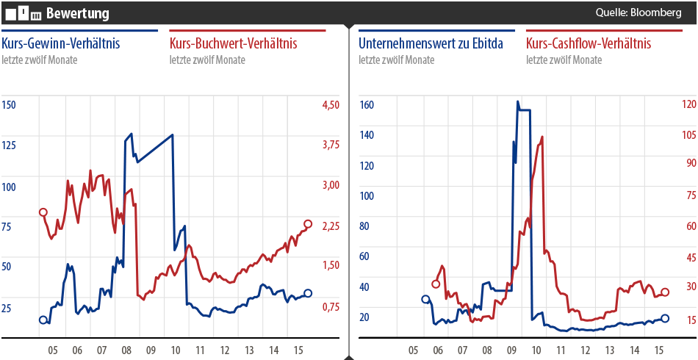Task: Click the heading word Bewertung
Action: (77, 13)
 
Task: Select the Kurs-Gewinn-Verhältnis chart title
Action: (61, 44)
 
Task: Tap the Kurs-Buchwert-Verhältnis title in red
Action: (233, 44)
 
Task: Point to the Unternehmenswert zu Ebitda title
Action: (431, 44)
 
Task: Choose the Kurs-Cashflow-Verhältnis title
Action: (589, 44)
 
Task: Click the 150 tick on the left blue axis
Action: (9, 105)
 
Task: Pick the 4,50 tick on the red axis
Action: (331, 105)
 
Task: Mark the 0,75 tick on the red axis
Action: (331, 307)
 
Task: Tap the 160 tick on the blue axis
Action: (366, 105)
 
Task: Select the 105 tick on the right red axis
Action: (688, 135)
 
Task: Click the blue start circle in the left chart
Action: (43, 320)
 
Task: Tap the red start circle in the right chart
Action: (435, 284)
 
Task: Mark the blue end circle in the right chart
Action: (665, 318)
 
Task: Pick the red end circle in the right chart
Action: (665, 292)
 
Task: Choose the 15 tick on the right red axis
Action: (691, 320)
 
